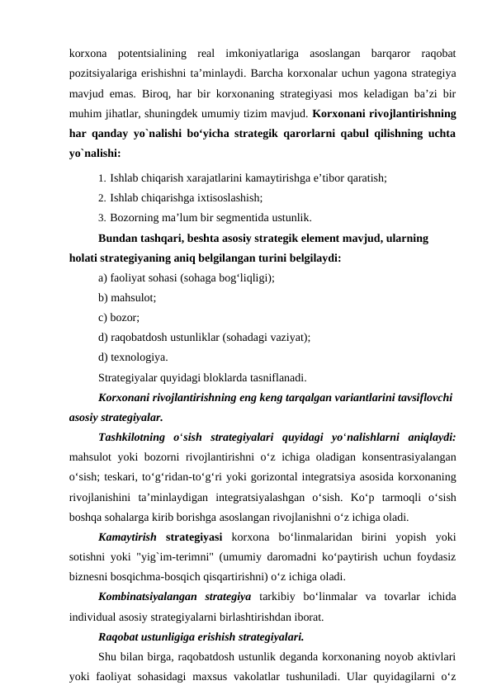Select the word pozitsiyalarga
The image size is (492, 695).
(x=104, y=73)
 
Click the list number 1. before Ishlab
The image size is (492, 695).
(x=102, y=177)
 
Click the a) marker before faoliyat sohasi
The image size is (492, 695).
(x=103, y=278)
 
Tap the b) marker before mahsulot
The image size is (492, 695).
(x=103, y=298)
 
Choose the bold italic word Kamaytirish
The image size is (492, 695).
(x=129, y=536)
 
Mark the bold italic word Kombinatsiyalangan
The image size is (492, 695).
(x=151, y=596)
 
